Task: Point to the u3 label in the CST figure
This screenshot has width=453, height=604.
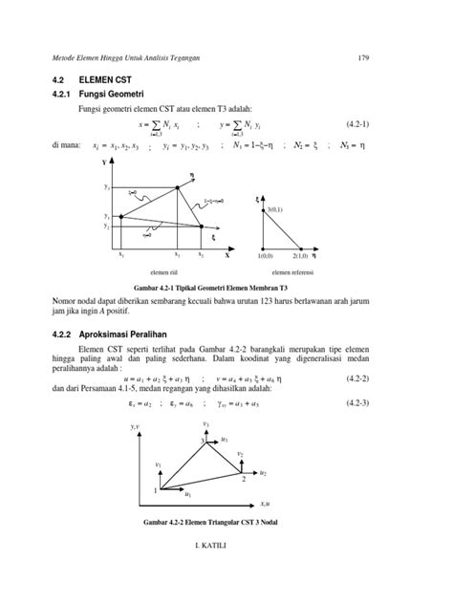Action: (225, 438)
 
